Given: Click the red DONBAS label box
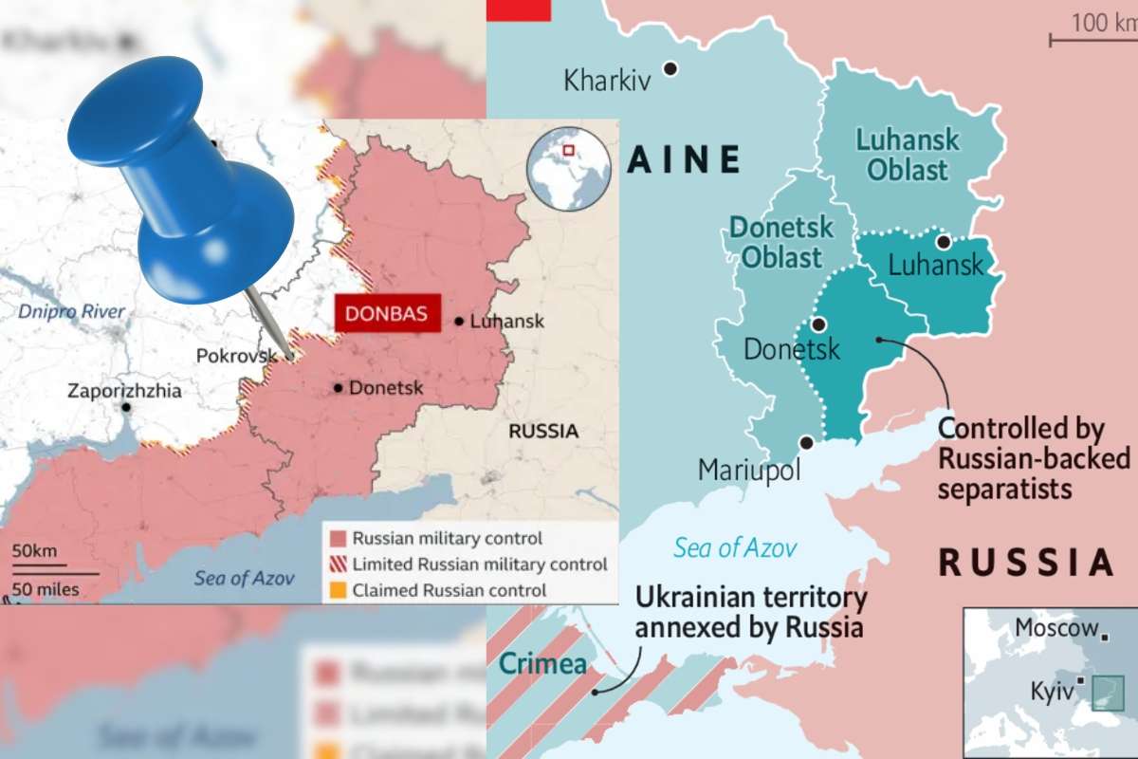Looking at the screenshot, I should (x=387, y=314).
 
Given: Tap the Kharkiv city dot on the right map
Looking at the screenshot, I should (x=670, y=67).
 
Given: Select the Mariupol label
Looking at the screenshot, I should (x=749, y=470).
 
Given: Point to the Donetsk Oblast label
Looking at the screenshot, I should (x=781, y=242).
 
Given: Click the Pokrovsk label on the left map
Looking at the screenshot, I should (x=235, y=356).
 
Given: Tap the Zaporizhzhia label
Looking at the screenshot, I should (x=124, y=391).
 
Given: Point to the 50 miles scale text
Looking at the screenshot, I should (x=45, y=590).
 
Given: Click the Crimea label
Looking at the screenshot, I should (x=543, y=663).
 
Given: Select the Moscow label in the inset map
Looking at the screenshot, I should (x=1056, y=627).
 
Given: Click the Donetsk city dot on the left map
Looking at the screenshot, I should (x=338, y=387).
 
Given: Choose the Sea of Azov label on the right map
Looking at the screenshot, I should (x=735, y=547).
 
